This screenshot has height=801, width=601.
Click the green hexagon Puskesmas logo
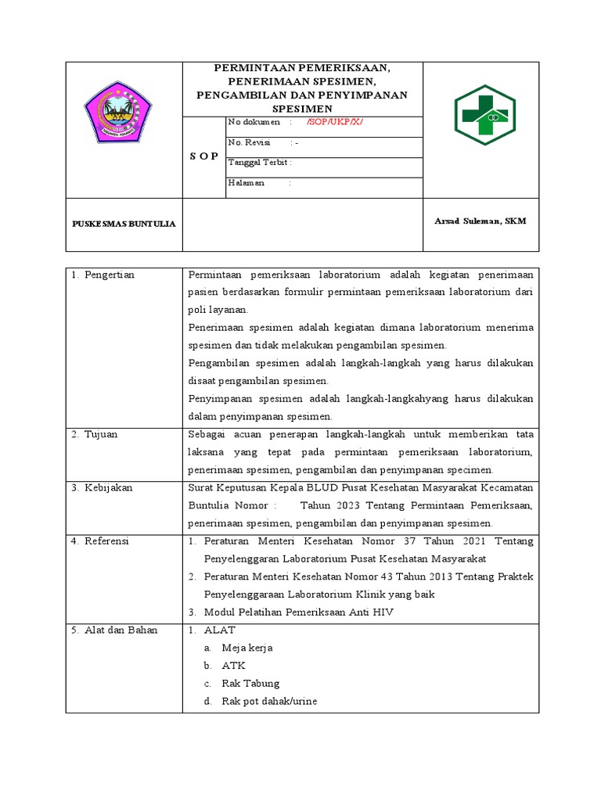pyautogui.click(x=485, y=116)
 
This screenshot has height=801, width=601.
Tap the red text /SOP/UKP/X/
pyautogui.click(x=335, y=123)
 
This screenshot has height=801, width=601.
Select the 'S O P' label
pyautogui.click(x=204, y=156)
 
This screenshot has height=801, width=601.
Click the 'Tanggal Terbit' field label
pyautogui.click(x=259, y=163)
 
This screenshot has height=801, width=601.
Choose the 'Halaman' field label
pyautogui.click(x=246, y=183)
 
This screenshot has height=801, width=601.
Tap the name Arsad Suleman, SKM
pyautogui.click(x=480, y=221)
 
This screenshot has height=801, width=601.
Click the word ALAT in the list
pyautogui.click(x=219, y=630)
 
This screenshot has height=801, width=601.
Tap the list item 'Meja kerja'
pyautogui.click(x=247, y=648)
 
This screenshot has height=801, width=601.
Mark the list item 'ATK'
pyautogui.click(x=233, y=666)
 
